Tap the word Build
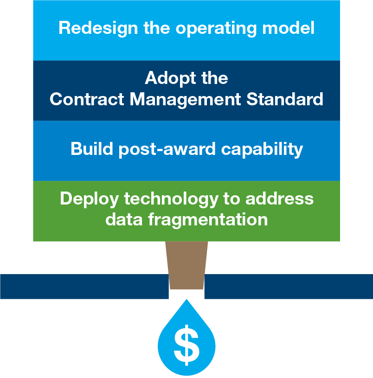tap(90, 149)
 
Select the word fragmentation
tap(207, 219)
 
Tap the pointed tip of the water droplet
tap(186, 301)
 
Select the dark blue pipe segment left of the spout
tap(84, 286)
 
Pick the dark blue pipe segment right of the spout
tap(288, 286)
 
